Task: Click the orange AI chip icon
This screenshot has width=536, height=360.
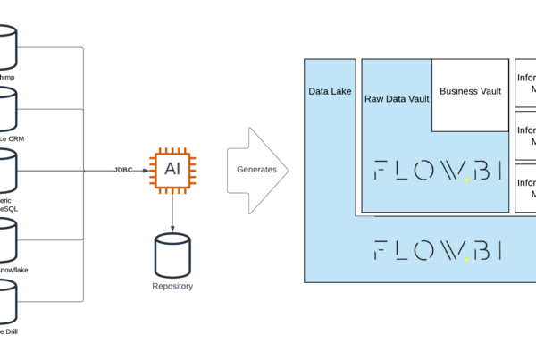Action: click(x=172, y=170)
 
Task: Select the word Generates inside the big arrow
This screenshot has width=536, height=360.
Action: click(x=255, y=170)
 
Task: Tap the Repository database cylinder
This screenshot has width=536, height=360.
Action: click(x=172, y=254)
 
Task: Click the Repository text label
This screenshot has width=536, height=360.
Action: click(x=172, y=287)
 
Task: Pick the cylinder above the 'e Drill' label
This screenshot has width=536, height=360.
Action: click(x=7, y=301)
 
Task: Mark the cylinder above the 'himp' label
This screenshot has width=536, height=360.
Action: click(x=7, y=46)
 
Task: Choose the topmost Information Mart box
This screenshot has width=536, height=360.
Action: click(x=526, y=83)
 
